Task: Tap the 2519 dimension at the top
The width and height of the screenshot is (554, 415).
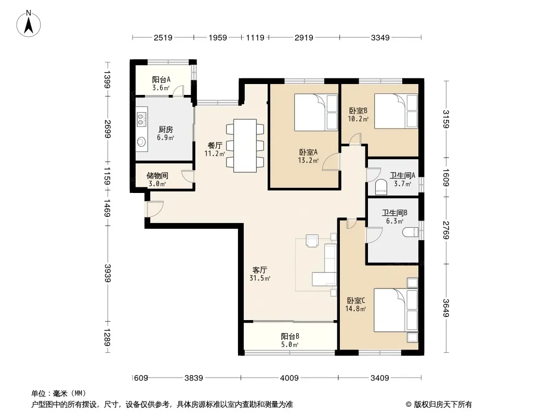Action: pos(163,38)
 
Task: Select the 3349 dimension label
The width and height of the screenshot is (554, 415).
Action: pos(380,38)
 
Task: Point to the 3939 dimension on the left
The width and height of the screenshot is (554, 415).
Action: pos(108,273)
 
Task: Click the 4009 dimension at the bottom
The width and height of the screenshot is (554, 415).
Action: pos(289,378)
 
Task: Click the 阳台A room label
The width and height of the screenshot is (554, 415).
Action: pos(161,80)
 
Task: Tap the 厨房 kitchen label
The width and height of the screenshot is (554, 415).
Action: pos(165,129)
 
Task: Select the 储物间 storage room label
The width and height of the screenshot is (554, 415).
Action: pos(157,175)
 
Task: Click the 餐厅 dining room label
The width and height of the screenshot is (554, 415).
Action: pos(215,145)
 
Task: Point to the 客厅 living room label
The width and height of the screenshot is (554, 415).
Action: pos(260,270)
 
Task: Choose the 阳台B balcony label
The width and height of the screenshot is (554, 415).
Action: pos(290,336)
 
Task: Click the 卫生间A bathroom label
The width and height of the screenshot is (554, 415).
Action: pos(402,175)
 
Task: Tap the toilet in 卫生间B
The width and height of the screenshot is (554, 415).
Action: pos(410,232)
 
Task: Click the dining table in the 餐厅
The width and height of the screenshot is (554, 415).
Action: pos(245,146)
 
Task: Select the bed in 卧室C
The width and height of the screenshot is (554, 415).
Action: pos(395,310)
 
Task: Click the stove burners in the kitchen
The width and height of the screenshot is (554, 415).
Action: pos(141,119)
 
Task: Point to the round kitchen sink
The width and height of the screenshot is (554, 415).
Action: pos(141,142)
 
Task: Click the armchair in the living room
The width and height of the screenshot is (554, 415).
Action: pos(312,241)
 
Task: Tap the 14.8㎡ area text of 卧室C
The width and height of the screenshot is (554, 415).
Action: pos(355,309)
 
